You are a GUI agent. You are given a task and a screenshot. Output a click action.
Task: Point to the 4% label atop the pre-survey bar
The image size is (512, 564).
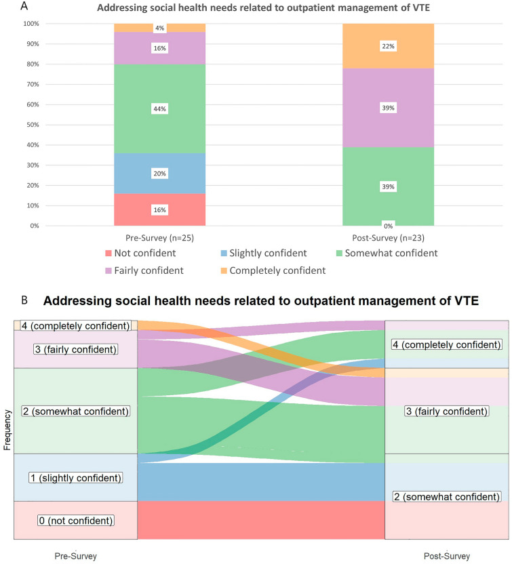[x=159, y=28]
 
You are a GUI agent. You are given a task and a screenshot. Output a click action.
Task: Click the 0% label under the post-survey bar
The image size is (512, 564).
[x=388, y=224]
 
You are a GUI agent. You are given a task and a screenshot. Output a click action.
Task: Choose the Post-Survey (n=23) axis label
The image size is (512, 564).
[x=388, y=239]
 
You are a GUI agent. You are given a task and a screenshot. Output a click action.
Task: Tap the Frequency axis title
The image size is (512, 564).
[x=7, y=428]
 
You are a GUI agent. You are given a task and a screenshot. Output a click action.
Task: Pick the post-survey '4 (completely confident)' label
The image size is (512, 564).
[x=447, y=345]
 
